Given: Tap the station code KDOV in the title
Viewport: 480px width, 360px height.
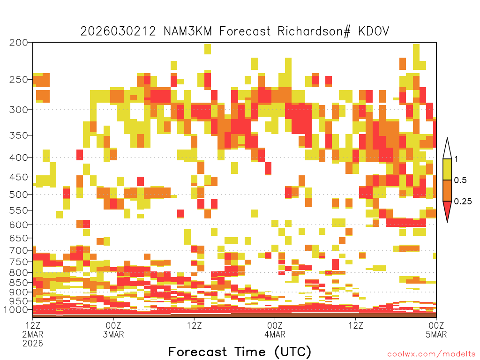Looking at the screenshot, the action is [x=374, y=31].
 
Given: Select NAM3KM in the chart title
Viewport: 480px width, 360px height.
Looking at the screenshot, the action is [x=187, y=31].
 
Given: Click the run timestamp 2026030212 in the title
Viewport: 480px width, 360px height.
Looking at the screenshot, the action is [x=118, y=31].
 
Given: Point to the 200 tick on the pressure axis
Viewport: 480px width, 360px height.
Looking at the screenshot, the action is [x=18, y=43].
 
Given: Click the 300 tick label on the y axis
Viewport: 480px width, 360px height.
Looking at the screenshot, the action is [x=18, y=110].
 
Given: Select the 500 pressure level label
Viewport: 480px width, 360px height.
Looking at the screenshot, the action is [x=18, y=195].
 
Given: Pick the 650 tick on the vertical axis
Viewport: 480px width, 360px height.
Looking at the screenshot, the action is [x=18, y=238].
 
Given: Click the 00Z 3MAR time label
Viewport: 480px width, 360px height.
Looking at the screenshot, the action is [x=113, y=330].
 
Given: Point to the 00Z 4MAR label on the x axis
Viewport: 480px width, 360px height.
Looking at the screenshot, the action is [x=275, y=330].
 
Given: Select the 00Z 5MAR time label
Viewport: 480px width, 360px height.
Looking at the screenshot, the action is [x=436, y=330].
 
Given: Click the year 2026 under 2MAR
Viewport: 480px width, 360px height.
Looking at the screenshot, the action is [x=33, y=344].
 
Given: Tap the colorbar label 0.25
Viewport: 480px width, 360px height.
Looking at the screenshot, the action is [x=463, y=202].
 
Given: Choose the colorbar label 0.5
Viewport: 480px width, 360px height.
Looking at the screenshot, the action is [x=460, y=180].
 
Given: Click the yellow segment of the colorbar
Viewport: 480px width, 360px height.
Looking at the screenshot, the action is [x=447, y=169].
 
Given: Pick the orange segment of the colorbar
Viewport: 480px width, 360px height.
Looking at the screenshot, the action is [x=447, y=190].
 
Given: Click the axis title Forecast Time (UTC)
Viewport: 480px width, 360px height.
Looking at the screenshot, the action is [x=240, y=352].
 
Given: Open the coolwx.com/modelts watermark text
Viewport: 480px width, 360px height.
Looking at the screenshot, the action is [x=432, y=354].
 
